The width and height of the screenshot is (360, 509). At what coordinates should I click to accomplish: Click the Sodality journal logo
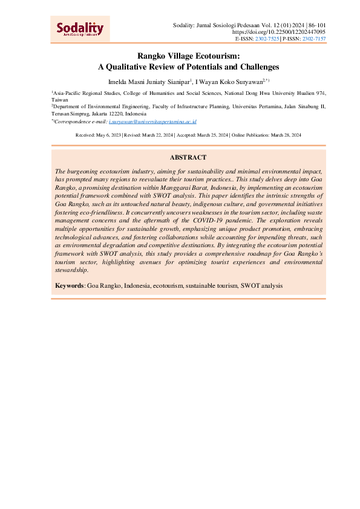click(80, 29)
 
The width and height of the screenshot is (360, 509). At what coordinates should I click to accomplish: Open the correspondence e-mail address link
click(152, 122)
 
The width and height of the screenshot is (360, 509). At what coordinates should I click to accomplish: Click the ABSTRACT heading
click(188, 157)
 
